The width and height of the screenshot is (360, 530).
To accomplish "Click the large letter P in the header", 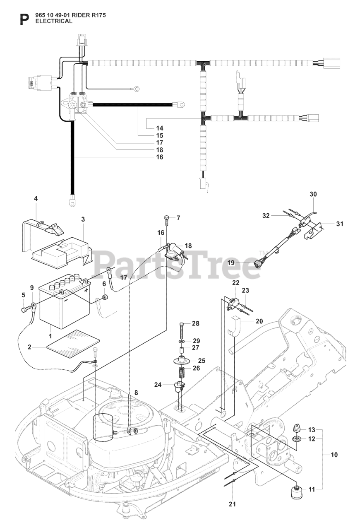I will coord(25,19).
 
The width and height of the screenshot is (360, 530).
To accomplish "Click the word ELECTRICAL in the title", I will coord(54,21).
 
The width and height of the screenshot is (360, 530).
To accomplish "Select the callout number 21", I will coord(232,504).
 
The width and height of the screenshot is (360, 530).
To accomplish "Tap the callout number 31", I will coord(340,224).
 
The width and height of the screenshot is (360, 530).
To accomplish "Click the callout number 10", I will coord(334,455).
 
